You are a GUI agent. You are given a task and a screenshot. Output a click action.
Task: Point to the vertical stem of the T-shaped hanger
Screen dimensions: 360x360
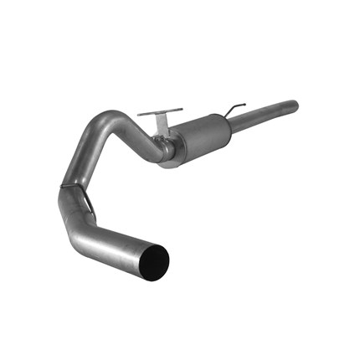159,124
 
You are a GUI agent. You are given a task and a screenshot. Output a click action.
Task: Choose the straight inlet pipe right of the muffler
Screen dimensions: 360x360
264,115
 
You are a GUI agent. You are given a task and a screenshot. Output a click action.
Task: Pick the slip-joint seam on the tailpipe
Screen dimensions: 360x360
73,187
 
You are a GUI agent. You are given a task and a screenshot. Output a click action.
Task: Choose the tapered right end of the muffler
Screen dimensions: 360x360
224,123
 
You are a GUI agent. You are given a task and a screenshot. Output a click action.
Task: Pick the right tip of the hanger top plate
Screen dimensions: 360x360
182,111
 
